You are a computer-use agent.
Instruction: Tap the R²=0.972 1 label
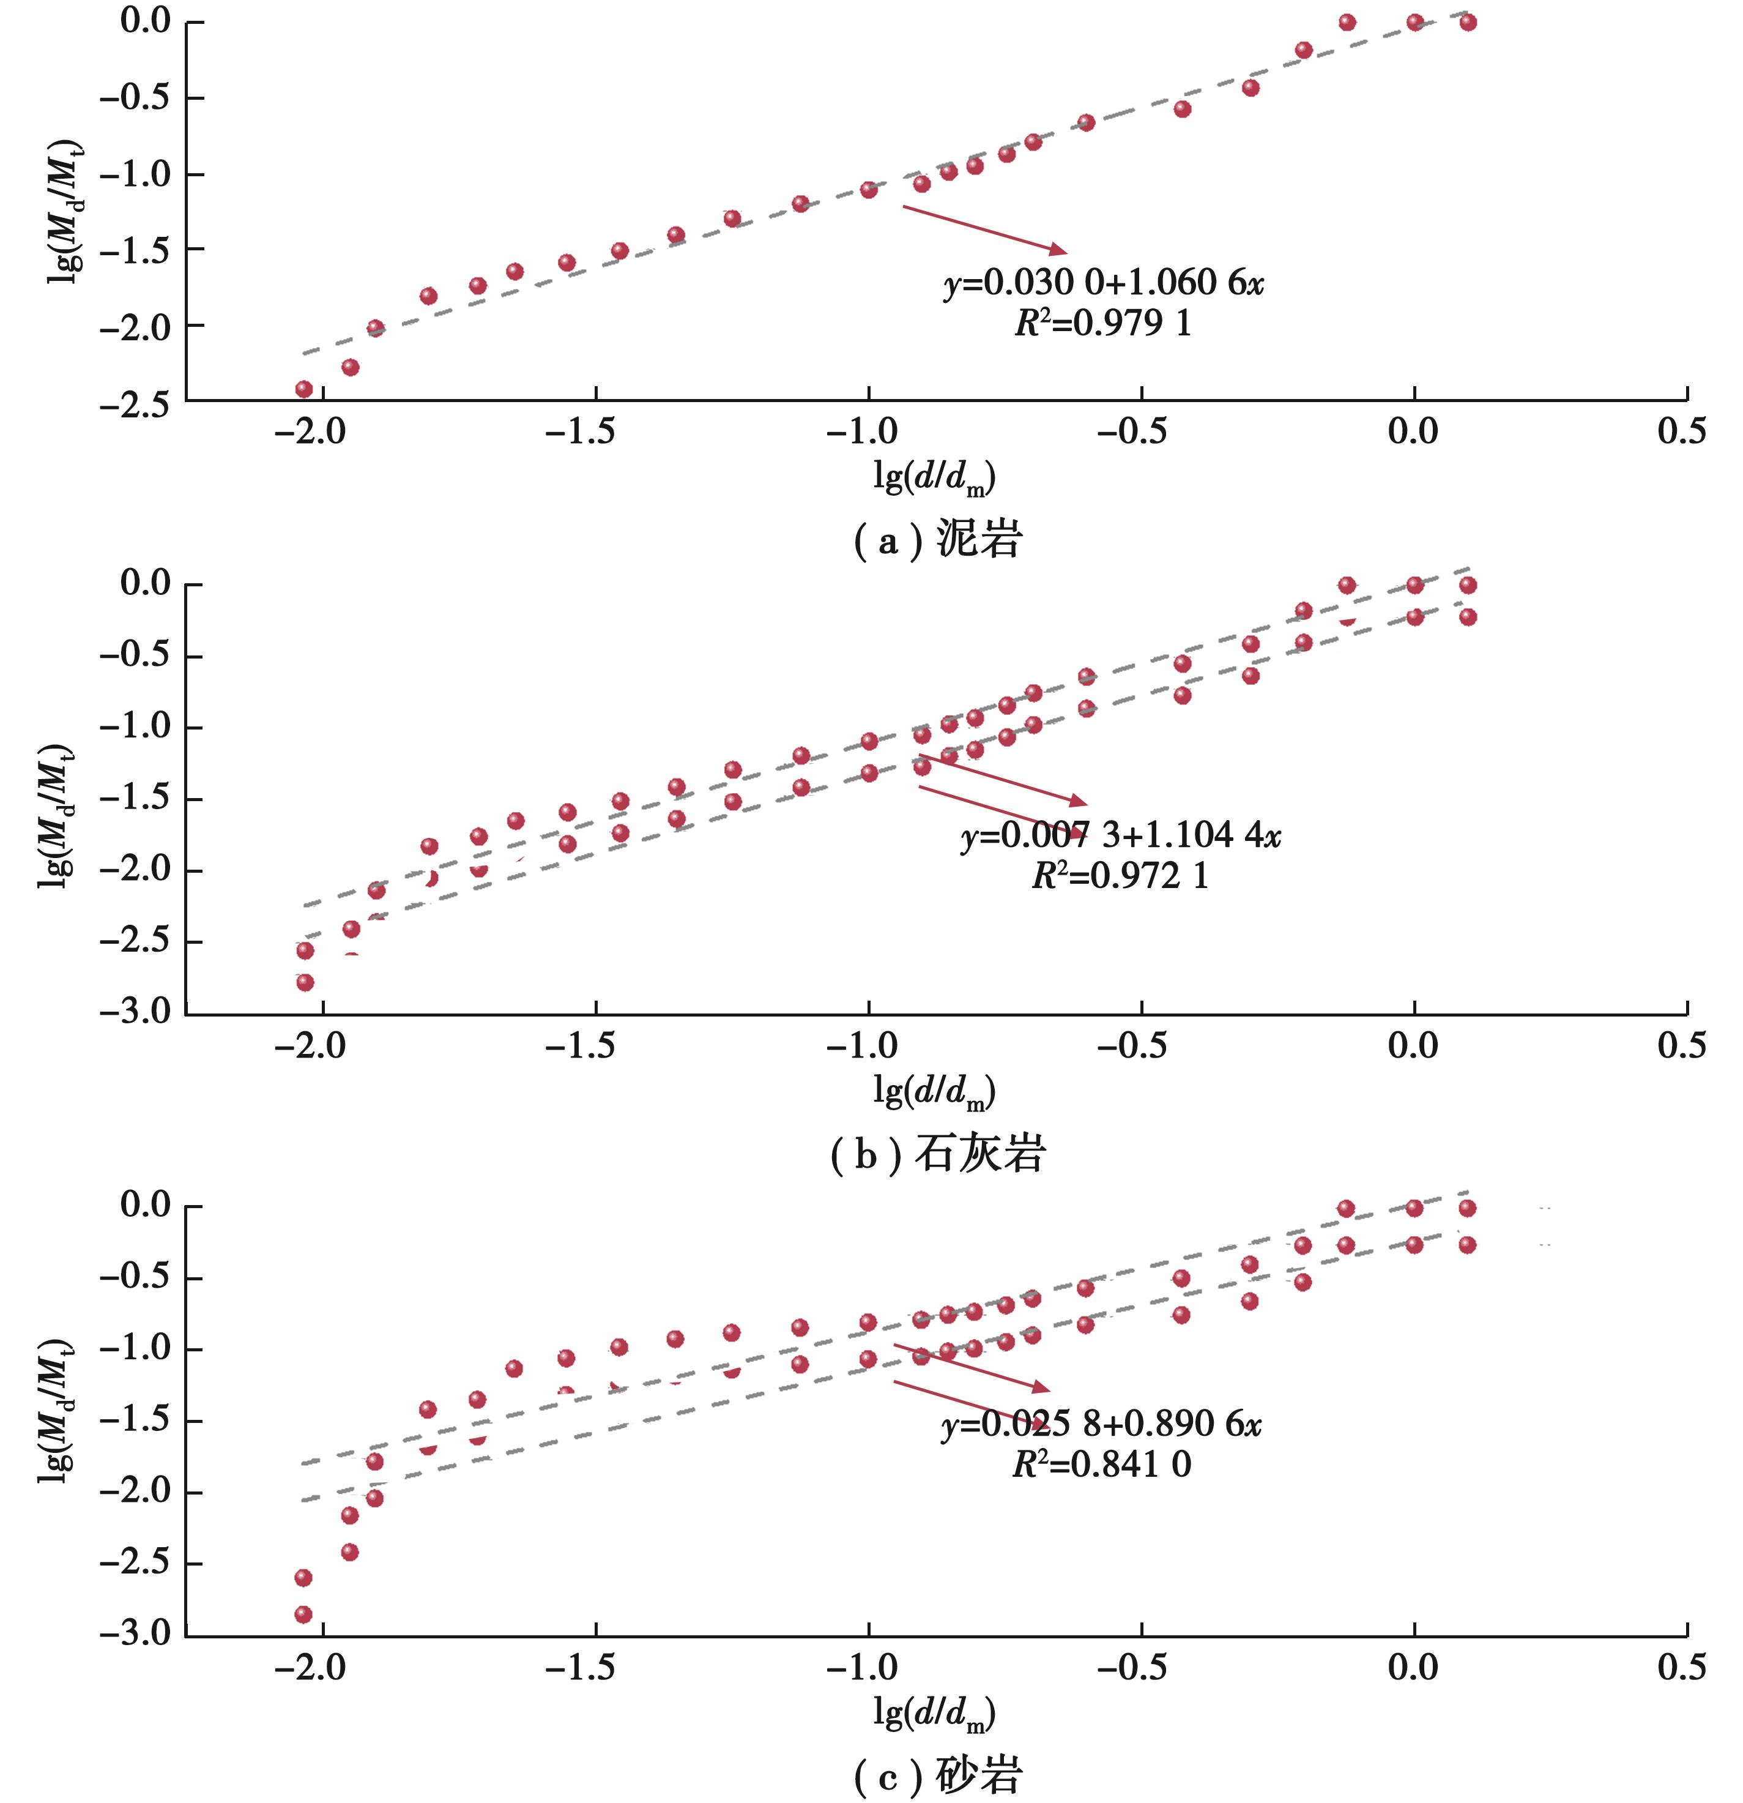(x=1120, y=876)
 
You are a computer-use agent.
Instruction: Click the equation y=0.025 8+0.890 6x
(x=1101, y=1424)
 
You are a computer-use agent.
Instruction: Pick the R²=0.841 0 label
(x=1101, y=1465)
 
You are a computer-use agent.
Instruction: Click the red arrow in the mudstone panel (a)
(x=984, y=229)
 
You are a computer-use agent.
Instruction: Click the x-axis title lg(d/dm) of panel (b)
(x=934, y=1091)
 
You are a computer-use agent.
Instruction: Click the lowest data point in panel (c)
(x=303, y=1614)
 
